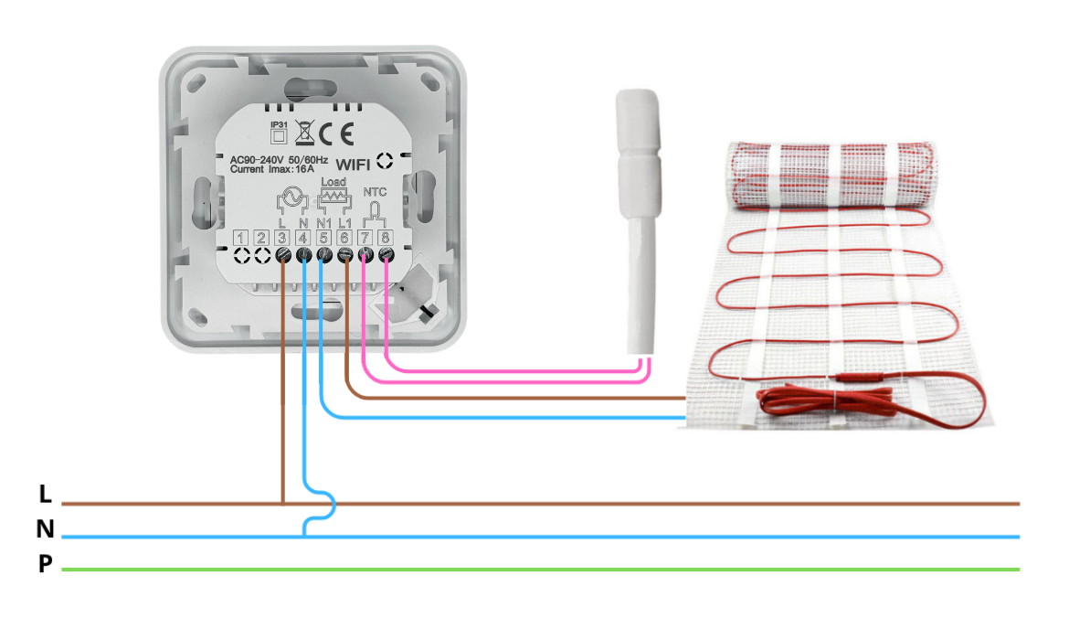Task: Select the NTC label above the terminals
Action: click(375, 193)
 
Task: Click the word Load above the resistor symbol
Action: click(333, 182)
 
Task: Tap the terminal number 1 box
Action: click(240, 239)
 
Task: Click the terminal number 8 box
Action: click(386, 239)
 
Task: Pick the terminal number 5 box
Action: click(323, 239)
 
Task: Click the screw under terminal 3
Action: click(282, 257)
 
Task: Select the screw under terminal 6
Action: click(344, 257)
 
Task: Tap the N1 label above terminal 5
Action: click(323, 222)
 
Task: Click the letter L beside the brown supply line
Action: click(45, 495)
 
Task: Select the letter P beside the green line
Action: click(45, 565)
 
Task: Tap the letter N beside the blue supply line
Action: click(45, 529)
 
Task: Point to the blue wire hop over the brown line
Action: click(327, 504)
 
